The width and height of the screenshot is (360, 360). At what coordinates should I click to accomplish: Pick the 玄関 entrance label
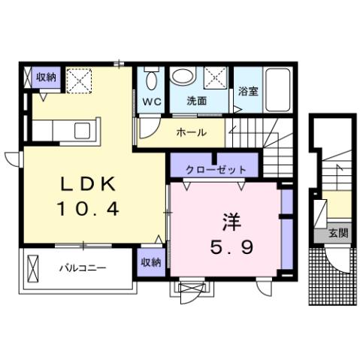(x=337, y=234)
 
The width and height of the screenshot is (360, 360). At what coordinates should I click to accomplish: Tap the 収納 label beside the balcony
(x=150, y=262)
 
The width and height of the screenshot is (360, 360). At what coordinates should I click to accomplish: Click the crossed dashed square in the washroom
(x=216, y=77)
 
